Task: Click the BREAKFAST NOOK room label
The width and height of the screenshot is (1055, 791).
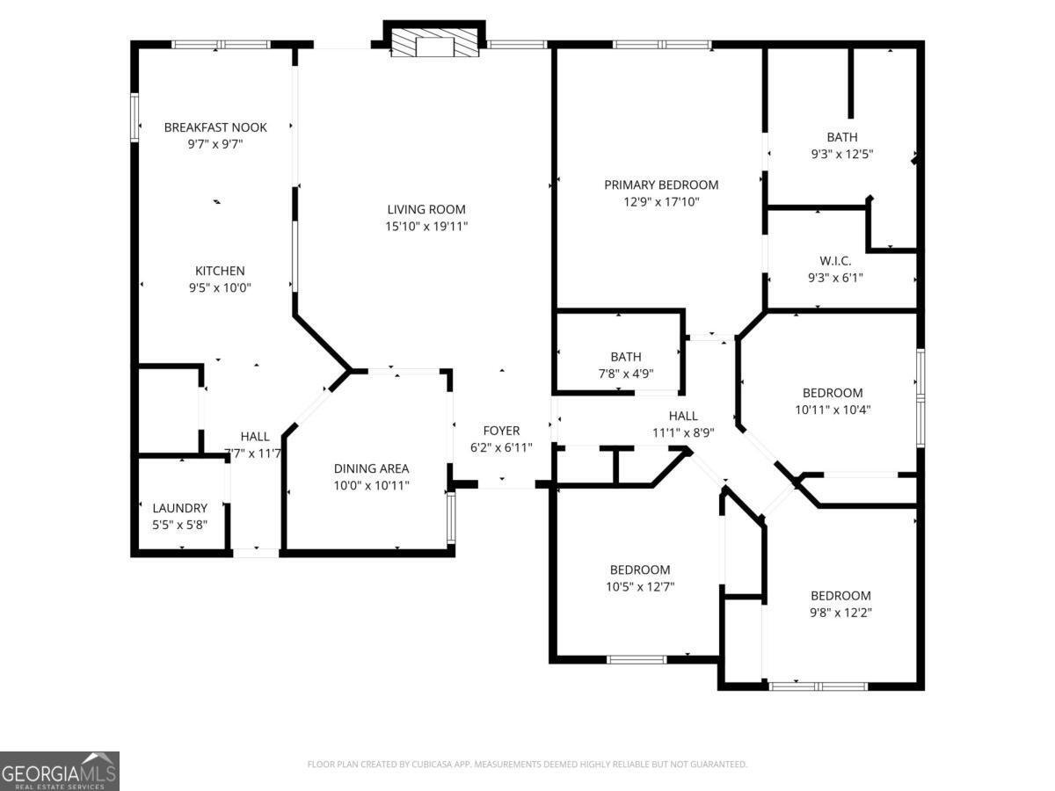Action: [x=215, y=127]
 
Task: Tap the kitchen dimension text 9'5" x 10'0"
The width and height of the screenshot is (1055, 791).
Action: [x=220, y=287]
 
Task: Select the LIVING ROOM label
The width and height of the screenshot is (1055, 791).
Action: [x=426, y=209]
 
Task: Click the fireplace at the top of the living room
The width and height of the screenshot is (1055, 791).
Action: [x=434, y=46]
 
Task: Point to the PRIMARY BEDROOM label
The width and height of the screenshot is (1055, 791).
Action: [x=661, y=185]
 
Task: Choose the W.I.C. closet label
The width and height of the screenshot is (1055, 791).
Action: [x=834, y=261]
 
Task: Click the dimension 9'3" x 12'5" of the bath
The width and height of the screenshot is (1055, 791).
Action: [x=841, y=153]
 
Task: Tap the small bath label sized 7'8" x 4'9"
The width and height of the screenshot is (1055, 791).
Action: [x=626, y=357]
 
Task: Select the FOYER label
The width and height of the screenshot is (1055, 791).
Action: [x=501, y=431]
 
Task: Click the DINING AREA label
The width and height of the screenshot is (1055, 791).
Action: [x=371, y=468]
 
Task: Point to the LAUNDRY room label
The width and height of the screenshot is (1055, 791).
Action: [x=180, y=508]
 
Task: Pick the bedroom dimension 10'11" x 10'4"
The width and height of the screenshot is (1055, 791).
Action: [x=832, y=409]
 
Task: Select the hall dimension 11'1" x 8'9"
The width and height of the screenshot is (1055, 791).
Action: [x=682, y=432]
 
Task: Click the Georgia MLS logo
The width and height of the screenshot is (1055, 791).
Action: [x=59, y=771]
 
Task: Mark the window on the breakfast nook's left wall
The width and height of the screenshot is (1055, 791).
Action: [x=135, y=117]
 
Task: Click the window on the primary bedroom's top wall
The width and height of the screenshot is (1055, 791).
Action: [x=661, y=43]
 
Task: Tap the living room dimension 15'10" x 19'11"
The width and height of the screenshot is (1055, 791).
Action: [x=426, y=226]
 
